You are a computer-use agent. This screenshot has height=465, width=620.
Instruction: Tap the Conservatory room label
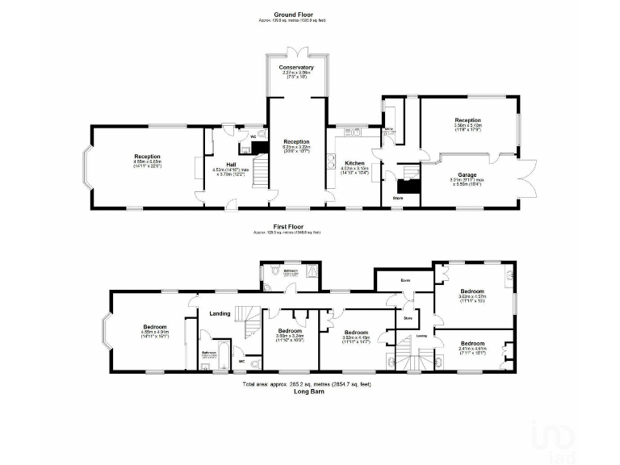click(x=296, y=67)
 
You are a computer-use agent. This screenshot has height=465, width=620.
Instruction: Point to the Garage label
click(x=467, y=174)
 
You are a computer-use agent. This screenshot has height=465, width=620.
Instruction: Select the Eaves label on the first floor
click(x=406, y=280)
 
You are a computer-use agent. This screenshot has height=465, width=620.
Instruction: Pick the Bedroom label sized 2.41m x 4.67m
click(x=472, y=343)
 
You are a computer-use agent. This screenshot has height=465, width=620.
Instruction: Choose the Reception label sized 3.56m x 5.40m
click(x=467, y=120)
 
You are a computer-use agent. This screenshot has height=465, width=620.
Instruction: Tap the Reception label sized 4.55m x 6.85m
click(x=147, y=157)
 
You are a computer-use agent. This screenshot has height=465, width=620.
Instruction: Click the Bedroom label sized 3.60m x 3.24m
click(x=290, y=331)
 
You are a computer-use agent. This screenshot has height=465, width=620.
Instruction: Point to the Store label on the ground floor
click(x=397, y=196)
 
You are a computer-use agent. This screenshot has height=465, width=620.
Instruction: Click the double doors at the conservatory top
click(x=296, y=53)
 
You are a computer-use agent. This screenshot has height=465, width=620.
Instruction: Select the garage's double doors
click(x=530, y=178)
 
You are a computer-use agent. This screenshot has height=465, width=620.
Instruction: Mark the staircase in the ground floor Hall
click(x=259, y=171)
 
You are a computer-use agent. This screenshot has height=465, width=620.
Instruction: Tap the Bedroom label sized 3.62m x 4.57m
click(x=472, y=291)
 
